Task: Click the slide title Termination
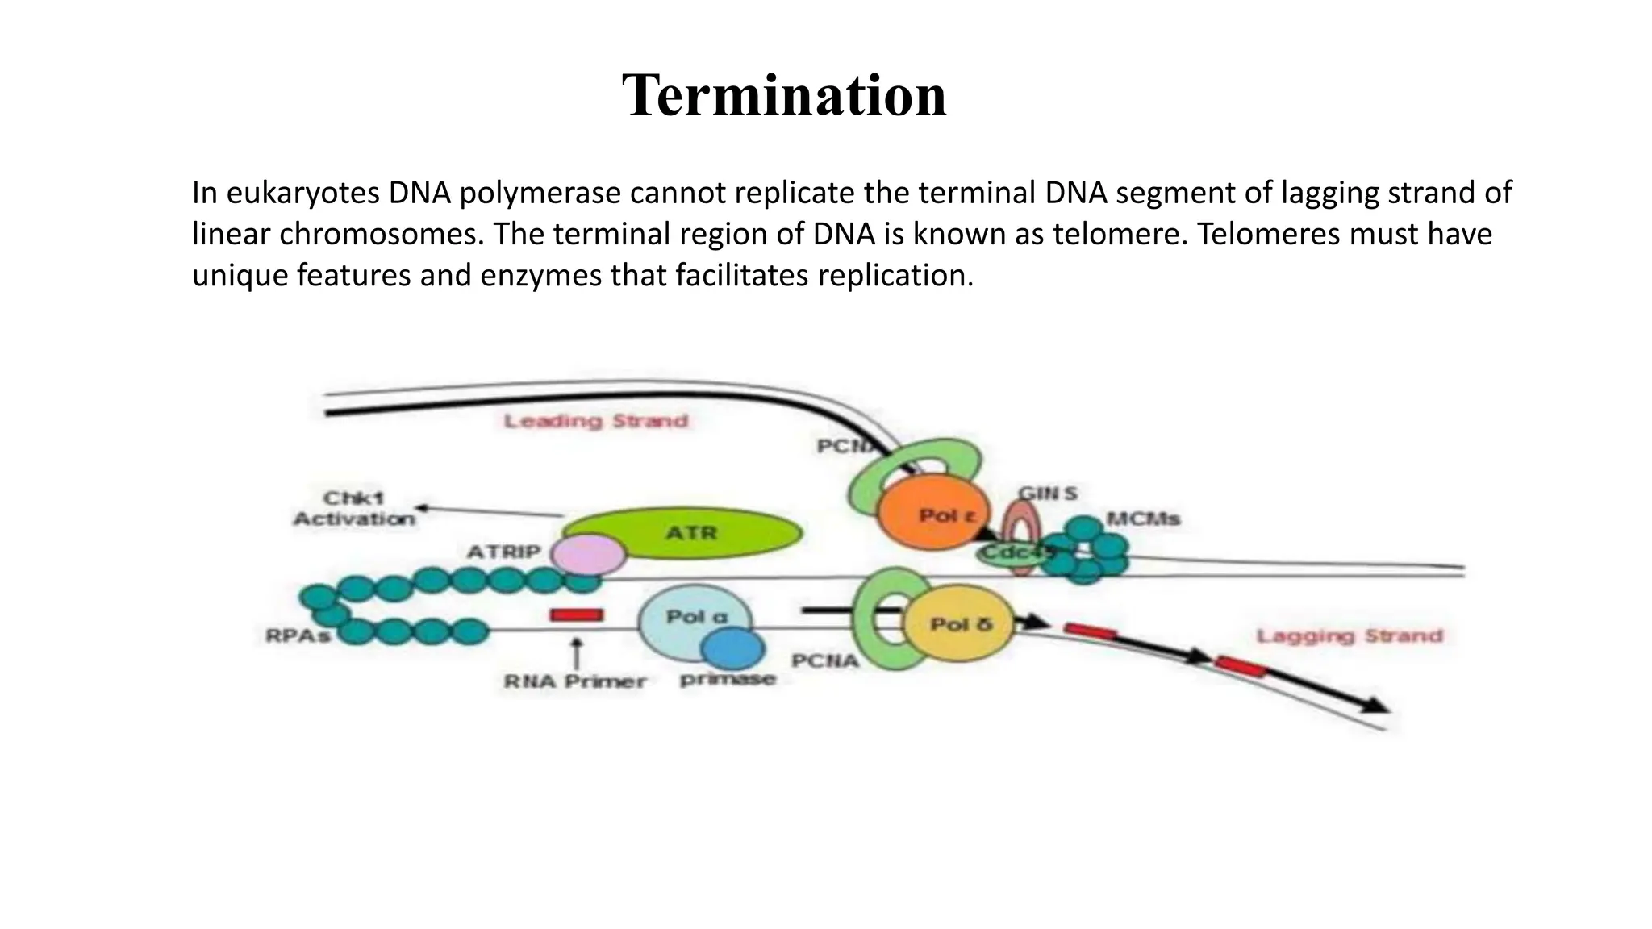click(784, 96)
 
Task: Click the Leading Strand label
click(596, 421)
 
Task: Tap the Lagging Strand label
click(1350, 636)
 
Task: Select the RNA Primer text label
click(575, 681)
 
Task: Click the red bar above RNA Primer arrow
click(577, 615)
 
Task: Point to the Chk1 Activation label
click(354, 509)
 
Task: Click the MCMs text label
click(1144, 519)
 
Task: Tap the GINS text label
click(1047, 493)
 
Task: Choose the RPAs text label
click(298, 636)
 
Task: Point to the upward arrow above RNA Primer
click(577, 652)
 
